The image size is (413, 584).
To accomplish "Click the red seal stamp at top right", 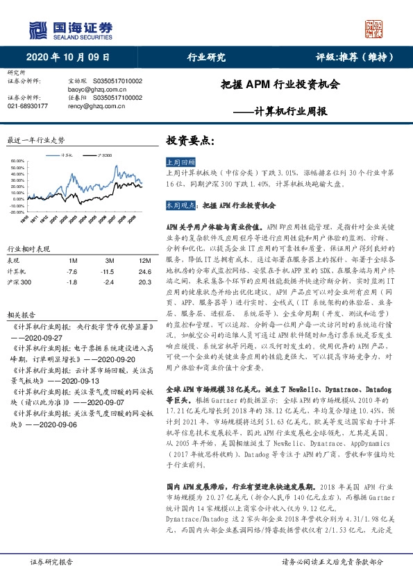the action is [375, 28].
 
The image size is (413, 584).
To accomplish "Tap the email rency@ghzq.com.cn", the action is [94, 106].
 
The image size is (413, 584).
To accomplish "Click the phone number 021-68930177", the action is [27, 106].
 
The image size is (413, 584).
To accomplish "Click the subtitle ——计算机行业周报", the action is [289, 111].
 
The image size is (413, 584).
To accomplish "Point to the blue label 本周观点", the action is [179, 206].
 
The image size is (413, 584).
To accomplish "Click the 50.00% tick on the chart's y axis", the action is [18, 162].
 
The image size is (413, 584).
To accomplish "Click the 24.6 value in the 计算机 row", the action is [144, 272].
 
